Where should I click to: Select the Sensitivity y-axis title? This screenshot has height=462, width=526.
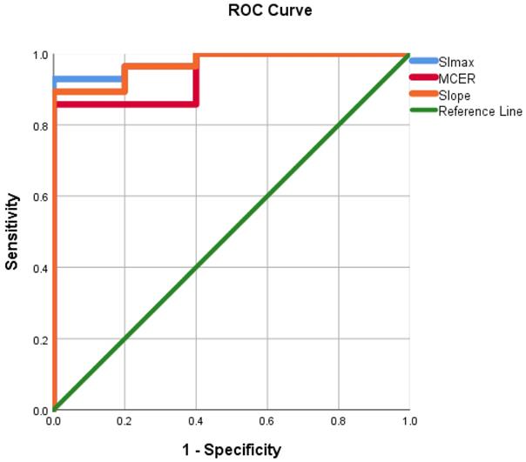[x=13, y=231]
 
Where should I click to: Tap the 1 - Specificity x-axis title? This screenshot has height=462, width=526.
[x=232, y=449]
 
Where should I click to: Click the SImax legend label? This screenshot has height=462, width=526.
[x=455, y=61]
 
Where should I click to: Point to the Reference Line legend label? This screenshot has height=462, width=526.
[x=480, y=110]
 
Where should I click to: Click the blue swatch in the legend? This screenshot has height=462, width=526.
[x=423, y=61]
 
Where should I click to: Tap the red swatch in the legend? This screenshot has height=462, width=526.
[x=423, y=77]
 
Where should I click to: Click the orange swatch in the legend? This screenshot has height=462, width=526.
[x=423, y=94]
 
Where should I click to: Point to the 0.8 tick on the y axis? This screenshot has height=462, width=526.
[x=40, y=125]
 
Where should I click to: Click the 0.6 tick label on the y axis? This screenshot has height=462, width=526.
[x=40, y=197]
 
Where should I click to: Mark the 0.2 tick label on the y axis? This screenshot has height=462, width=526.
[x=40, y=338]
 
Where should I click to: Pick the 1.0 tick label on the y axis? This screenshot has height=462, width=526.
[x=40, y=55]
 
